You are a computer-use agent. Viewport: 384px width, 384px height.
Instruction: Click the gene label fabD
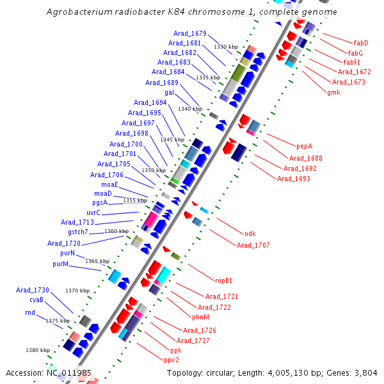[361, 43]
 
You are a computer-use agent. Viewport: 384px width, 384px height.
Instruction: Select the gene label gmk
[333, 92]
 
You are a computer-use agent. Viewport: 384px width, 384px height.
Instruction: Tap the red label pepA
[304, 145]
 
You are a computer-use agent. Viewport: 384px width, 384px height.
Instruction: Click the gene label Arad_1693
[293, 178]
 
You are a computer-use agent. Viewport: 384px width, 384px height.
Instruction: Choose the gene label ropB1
[223, 280]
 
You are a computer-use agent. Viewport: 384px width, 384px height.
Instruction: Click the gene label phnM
[200, 316]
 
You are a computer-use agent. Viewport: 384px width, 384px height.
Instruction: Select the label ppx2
[172, 360]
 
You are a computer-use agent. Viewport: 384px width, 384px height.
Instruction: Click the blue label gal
[169, 92]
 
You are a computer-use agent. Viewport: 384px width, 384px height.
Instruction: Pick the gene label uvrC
[93, 212]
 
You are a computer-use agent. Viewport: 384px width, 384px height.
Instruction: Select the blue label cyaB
[36, 300]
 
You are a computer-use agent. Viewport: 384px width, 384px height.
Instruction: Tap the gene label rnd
[30, 312]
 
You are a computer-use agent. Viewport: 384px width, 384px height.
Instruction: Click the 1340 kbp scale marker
[190, 109]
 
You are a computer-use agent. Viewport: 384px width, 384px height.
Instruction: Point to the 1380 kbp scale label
[37, 350]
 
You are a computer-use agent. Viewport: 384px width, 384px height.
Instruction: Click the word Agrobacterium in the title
[76, 12]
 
